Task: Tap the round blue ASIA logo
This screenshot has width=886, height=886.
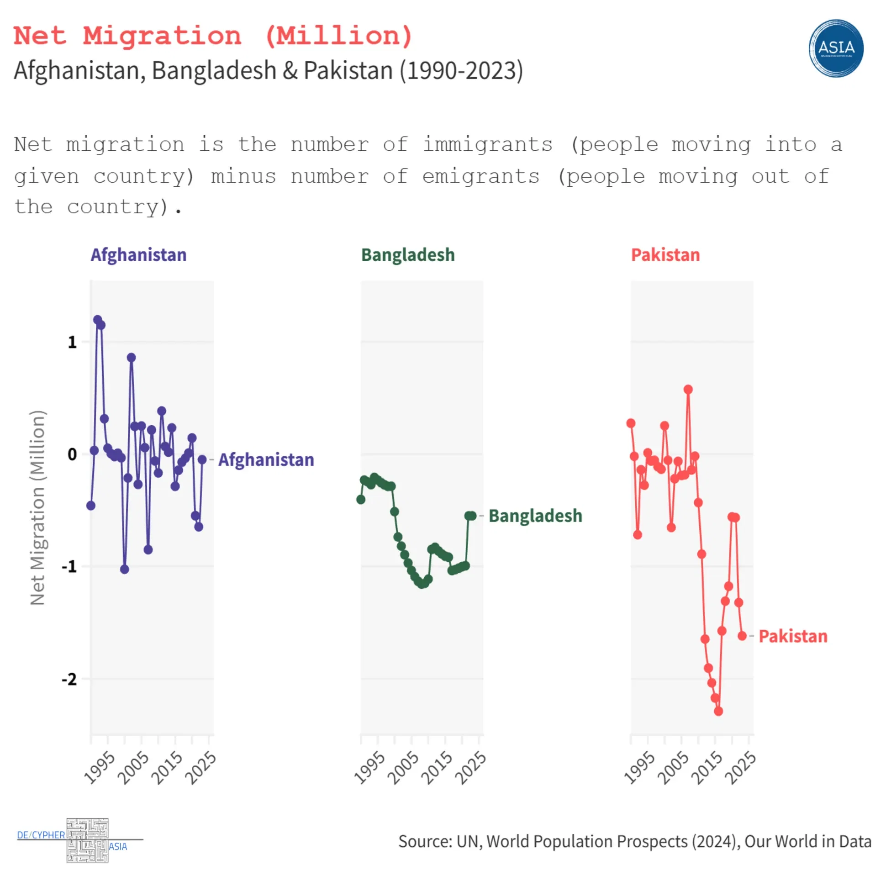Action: pos(836,47)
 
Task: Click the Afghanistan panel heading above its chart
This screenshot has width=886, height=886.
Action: pos(138,255)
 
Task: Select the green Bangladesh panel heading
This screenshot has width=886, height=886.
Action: pos(408,255)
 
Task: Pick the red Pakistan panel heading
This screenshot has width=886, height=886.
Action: pos(665,255)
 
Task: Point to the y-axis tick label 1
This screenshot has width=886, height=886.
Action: pos(72,342)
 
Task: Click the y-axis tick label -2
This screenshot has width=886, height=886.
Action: pos(70,679)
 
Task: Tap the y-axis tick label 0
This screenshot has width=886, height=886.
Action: pos(72,454)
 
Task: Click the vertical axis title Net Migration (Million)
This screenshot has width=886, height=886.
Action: pos(37,508)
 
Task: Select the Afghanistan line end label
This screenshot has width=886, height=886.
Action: pos(266,459)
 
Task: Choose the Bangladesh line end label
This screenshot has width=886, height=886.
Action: pos(535,516)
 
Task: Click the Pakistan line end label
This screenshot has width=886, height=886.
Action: pos(793,636)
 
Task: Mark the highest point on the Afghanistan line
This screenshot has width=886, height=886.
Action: pos(98,320)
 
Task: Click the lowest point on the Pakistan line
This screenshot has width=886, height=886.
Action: pos(718,711)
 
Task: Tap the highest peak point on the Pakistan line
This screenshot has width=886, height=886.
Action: pos(688,390)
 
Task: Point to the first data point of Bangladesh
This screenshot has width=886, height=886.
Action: pos(361,500)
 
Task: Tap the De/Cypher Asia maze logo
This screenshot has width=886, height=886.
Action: pos(87,840)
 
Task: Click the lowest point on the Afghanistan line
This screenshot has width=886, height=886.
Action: pos(124,570)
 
